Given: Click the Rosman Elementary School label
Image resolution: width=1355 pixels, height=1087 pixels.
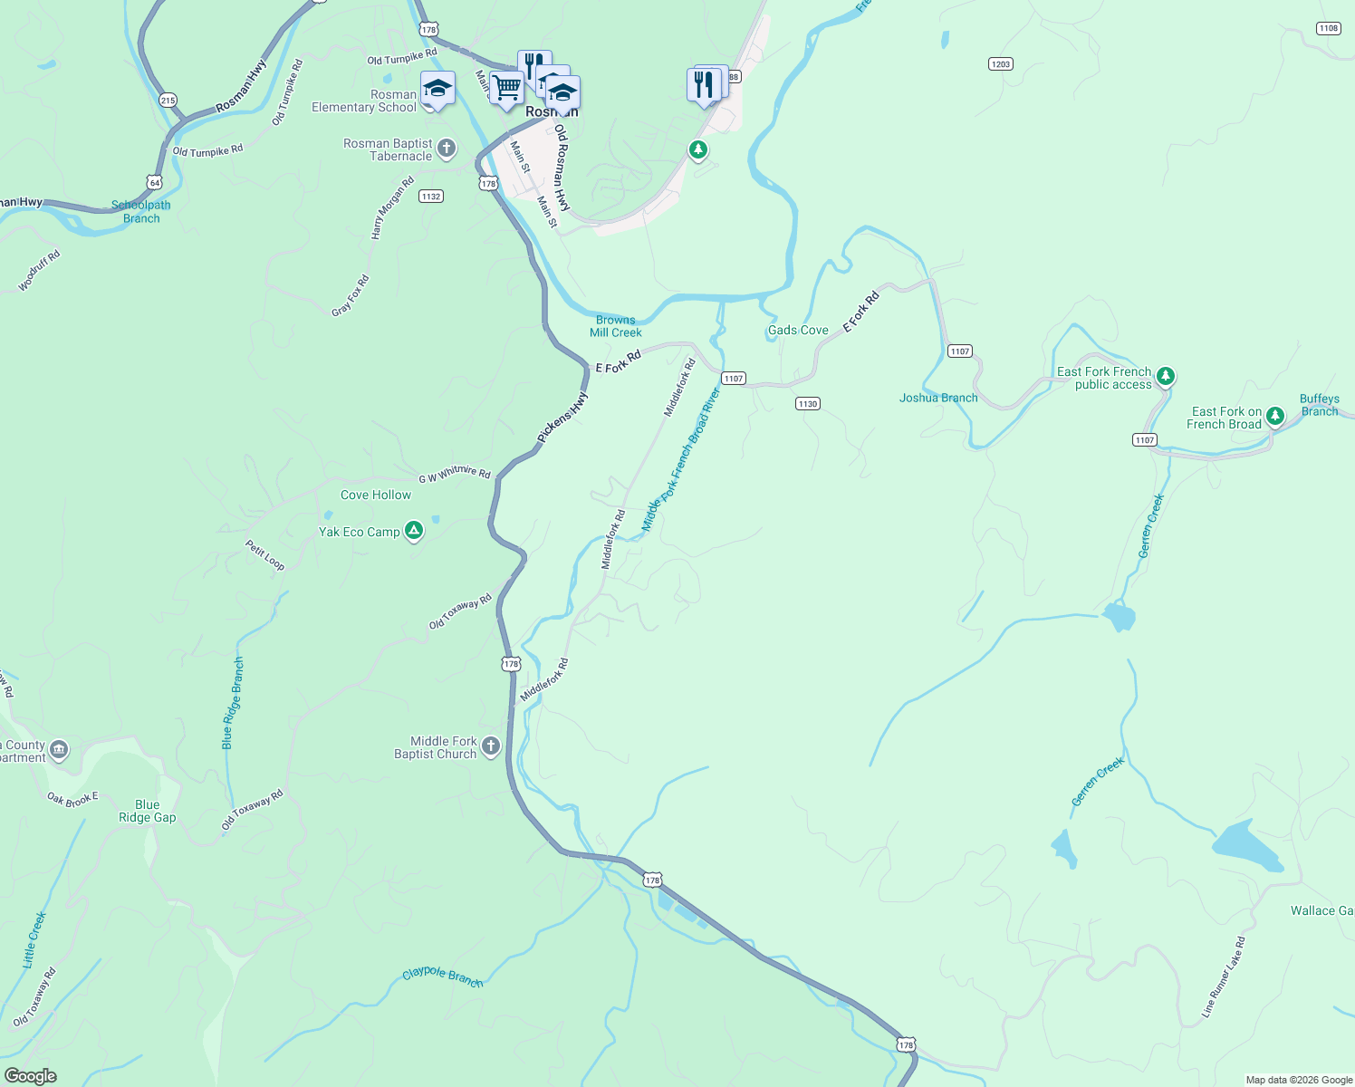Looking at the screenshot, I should click(x=364, y=101).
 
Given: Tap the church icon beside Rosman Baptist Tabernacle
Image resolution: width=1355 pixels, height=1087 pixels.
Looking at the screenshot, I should click(x=446, y=148).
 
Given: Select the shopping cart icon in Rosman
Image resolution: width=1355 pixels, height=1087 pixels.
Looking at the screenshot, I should click(x=506, y=88).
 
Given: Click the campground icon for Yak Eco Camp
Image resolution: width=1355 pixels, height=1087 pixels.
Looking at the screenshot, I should click(x=414, y=531).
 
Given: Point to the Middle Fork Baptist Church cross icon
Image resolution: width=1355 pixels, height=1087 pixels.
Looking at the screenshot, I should click(x=491, y=746).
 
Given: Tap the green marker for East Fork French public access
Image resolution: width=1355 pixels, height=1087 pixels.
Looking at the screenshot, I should click(x=1166, y=376).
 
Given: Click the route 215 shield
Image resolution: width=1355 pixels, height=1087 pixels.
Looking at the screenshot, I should click(x=168, y=101).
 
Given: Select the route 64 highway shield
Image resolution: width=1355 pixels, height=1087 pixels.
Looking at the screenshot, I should click(x=155, y=182).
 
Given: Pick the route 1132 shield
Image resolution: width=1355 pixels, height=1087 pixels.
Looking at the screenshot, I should click(x=431, y=197).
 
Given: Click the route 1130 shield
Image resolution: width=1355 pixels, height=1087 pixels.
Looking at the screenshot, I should click(x=808, y=404).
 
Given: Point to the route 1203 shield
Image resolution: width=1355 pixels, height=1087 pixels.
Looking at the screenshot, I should click(x=1000, y=64).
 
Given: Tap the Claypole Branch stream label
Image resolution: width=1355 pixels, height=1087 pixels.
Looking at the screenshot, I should click(x=442, y=976).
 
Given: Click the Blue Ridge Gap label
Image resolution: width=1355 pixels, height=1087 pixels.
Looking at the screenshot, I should click(x=148, y=811).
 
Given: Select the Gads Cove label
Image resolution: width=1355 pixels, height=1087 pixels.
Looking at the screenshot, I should click(x=798, y=331).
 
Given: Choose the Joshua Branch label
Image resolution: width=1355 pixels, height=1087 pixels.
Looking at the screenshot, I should click(x=938, y=398).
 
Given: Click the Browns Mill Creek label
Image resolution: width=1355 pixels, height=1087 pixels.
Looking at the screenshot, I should click(x=616, y=326).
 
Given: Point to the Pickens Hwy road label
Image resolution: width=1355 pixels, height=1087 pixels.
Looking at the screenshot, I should click(x=562, y=417).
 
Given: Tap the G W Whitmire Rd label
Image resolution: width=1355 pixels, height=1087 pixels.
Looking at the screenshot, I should click(x=455, y=473).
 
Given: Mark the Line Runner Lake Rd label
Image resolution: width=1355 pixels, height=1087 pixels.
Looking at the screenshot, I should click(x=1224, y=977).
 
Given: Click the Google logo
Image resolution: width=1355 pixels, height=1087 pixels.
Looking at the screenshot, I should click(x=31, y=1075).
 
